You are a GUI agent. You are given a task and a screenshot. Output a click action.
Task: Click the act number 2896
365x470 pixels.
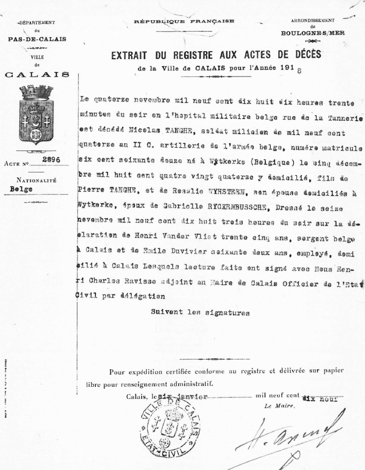(x=51, y=160)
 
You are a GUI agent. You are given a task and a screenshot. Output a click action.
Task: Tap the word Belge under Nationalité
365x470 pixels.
(x=21, y=189)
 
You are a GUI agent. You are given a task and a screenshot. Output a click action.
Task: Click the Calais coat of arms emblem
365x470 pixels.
(x=36, y=115)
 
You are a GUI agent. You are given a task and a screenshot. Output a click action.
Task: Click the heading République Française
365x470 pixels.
(x=184, y=22)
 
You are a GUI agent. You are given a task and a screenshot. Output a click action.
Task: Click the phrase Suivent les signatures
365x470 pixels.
(x=200, y=312)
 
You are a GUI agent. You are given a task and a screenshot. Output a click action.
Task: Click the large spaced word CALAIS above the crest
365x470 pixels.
(x=37, y=74)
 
